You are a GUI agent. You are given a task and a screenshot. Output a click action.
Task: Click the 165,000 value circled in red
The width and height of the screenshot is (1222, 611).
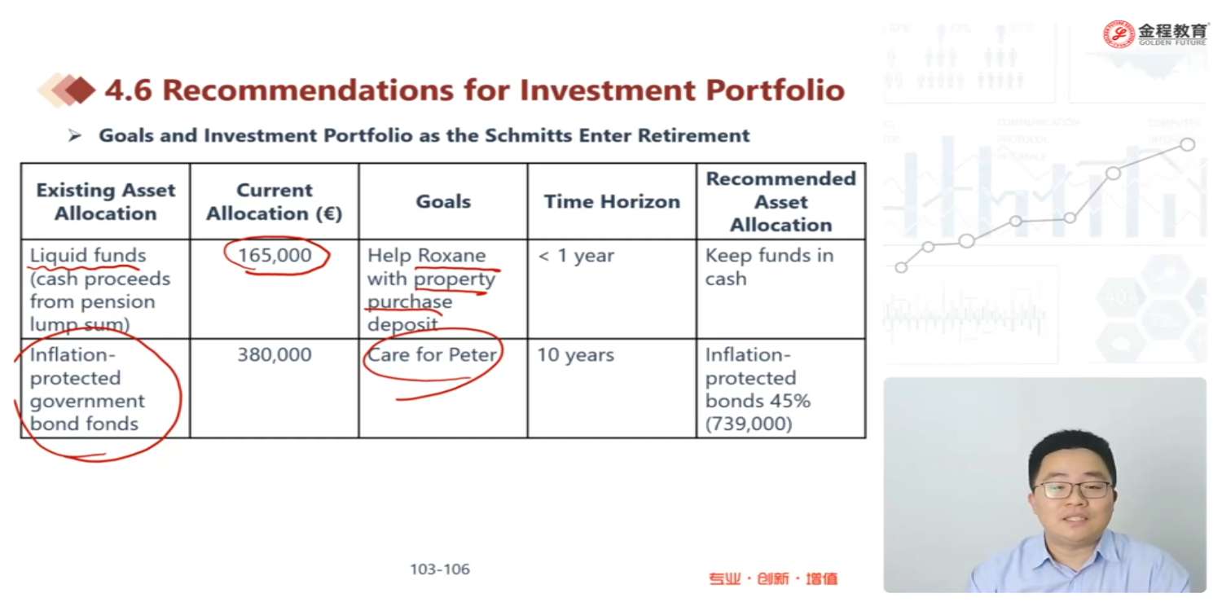coord(275,255)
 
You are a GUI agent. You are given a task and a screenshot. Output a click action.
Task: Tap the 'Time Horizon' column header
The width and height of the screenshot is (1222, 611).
coord(612,201)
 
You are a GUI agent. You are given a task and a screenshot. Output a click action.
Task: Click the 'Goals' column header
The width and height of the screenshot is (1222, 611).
coord(443,201)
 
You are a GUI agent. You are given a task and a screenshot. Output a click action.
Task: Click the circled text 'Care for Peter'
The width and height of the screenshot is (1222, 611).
coord(432,354)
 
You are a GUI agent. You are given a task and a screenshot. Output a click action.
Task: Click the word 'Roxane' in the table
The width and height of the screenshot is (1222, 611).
coord(451,255)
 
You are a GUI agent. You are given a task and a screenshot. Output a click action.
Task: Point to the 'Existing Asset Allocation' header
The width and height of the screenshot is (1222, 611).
coord(106,201)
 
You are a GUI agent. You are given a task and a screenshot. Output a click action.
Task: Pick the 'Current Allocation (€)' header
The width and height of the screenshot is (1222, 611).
coord(275,201)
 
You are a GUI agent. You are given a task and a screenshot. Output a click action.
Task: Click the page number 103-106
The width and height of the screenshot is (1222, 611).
coord(440,569)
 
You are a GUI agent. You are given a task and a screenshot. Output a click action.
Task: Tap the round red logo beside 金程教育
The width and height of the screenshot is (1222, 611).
coord(1119,34)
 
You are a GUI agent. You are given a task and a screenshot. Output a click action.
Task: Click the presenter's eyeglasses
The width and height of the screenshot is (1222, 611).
coord(1071,490)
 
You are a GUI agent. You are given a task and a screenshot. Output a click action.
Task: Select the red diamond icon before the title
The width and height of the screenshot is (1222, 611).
coord(80,90)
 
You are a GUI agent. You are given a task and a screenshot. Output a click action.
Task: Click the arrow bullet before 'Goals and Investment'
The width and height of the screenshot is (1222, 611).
coord(75,135)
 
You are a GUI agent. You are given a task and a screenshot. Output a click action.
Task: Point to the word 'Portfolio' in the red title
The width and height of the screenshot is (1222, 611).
coord(776,90)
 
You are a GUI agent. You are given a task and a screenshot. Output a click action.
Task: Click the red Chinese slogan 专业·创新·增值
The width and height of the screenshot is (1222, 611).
coord(772,578)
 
